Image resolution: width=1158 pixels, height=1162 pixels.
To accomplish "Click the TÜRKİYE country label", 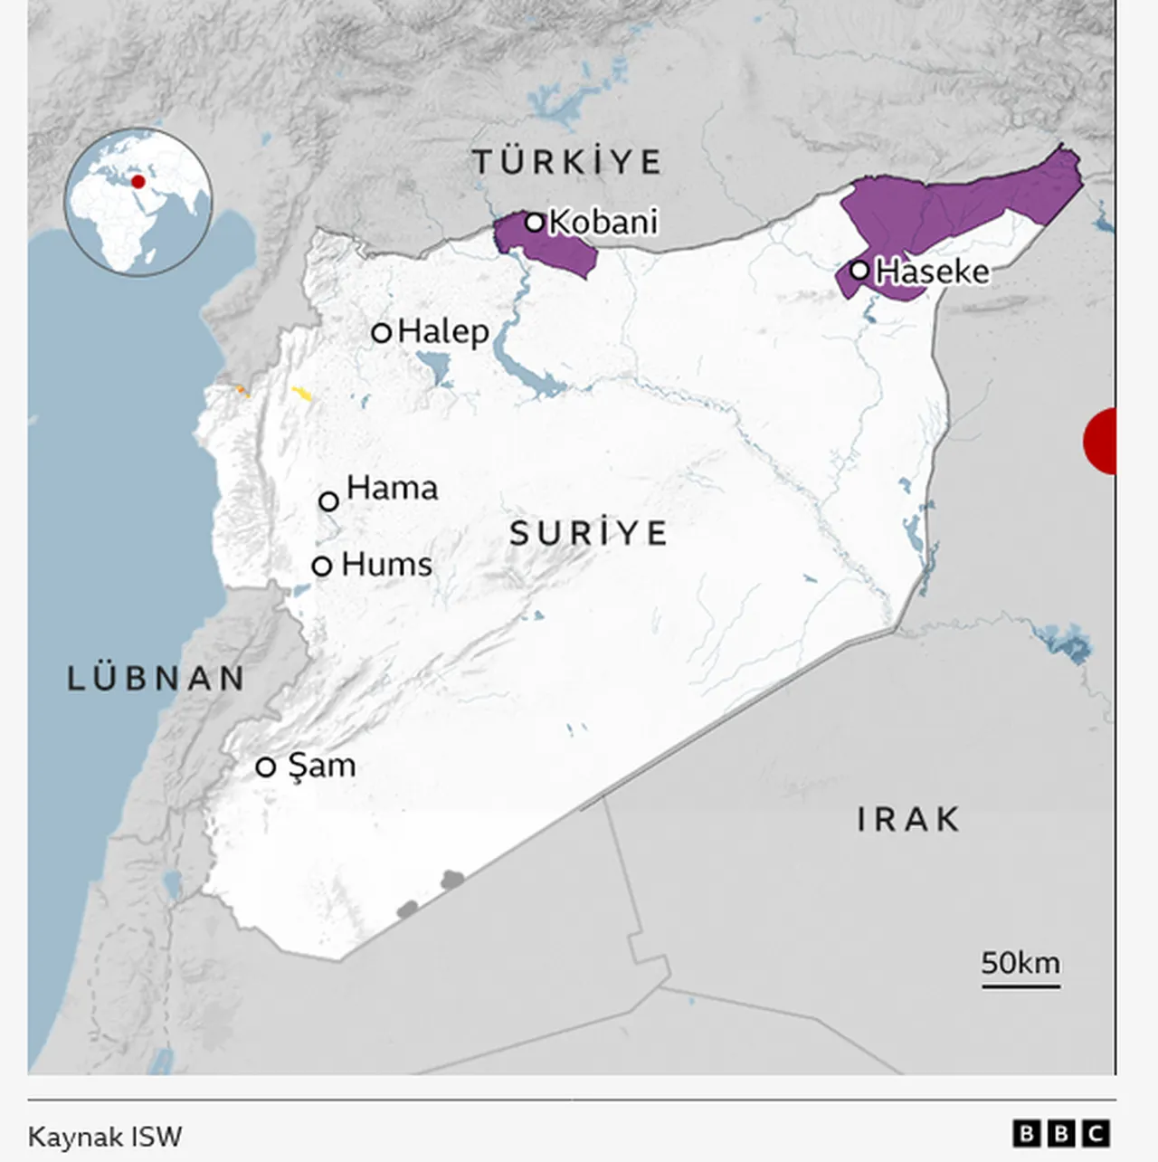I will [x=567, y=163].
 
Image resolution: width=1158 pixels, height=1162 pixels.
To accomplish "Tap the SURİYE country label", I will [x=588, y=533].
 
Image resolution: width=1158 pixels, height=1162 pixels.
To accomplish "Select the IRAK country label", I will [x=907, y=820].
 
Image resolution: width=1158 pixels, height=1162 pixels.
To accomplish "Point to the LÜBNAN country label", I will [x=157, y=679].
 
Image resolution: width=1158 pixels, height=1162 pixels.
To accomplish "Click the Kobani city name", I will [x=603, y=222].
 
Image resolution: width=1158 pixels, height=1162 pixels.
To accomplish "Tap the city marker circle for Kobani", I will [x=535, y=222].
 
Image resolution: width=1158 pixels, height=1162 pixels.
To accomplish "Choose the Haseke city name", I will [x=933, y=271].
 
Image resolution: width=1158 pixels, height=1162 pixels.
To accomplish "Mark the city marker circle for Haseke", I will [x=859, y=270].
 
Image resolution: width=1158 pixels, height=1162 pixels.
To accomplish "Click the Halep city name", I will [x=443, y=331].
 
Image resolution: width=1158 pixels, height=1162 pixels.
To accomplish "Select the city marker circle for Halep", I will [x=382, y=332].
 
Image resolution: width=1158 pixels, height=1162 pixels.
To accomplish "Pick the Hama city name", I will [x=392, y=489].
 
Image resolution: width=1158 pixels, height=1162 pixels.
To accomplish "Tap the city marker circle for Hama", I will [x=329, y=500].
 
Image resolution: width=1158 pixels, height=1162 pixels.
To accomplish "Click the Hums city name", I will [x=386, y=565].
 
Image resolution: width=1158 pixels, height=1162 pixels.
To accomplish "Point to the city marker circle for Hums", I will [x=322, y=566].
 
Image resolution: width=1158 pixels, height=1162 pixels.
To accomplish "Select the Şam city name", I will [x=321, y=766].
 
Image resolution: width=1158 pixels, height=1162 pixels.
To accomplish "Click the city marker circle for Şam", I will [x=265, y=767].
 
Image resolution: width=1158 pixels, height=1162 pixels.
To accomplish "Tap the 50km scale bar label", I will [x=1020, y=963].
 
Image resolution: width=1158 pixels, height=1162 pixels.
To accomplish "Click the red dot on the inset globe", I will [x=138, y=182].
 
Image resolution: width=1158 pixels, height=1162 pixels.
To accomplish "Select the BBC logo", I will [x=1061, y=1133].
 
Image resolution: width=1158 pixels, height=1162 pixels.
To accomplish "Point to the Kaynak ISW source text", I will [x=105, y=1137].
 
